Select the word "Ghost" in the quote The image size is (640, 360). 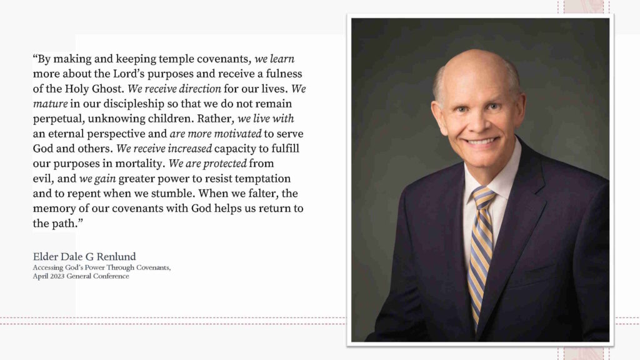coord(106,89)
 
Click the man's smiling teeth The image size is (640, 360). coord(480,141)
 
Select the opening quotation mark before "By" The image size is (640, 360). coord(35,59)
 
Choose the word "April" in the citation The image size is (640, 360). coord(41,276)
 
